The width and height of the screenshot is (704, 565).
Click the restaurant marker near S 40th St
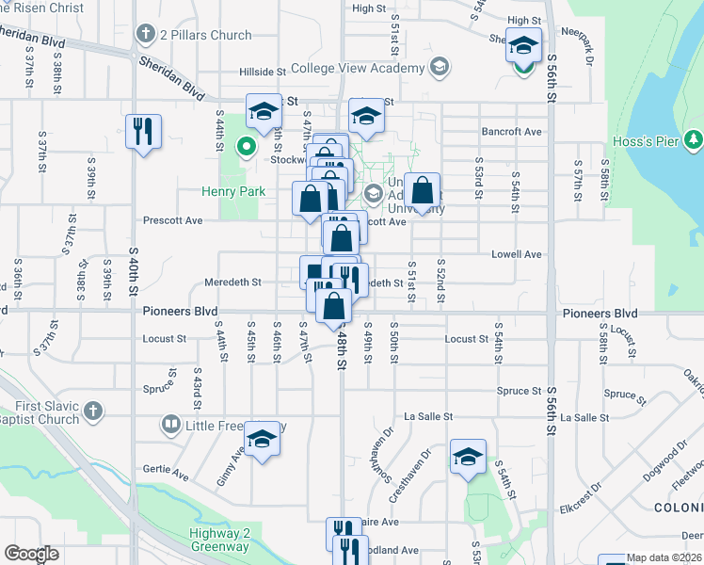pos(143,131)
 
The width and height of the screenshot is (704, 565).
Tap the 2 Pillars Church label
pos(205,35)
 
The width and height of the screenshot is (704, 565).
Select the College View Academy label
pos(358,68)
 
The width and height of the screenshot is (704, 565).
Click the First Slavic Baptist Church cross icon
pos(92,411)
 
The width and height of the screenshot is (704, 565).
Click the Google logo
pos(31,554)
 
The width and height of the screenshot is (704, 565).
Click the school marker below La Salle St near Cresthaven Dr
pos(468,458)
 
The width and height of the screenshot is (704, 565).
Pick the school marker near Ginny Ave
pos(263,439)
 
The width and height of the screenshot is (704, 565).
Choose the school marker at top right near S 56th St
pos(523,44)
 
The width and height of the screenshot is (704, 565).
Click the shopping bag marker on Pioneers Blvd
pos(333,306)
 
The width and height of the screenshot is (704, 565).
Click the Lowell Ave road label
pos(518,254)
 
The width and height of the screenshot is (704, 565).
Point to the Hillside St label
pos(262,72)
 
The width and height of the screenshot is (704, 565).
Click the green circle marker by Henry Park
pos(247,146)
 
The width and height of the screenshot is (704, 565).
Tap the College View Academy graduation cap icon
pos(438,67)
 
